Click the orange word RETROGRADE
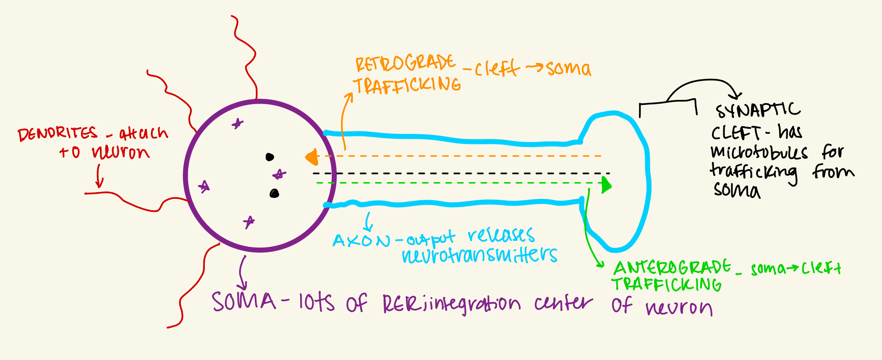coord(405,64)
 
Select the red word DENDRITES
coord(58,135)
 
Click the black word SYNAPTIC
coord(758,110)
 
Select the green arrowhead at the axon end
coord(606,185)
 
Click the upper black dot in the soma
coord(270,157)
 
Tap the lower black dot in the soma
coord(274,193)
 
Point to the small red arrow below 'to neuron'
coord(99,177)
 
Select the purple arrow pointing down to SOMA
coord(242,273)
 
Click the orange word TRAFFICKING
coord(407,86)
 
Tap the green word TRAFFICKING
coord(666,284)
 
